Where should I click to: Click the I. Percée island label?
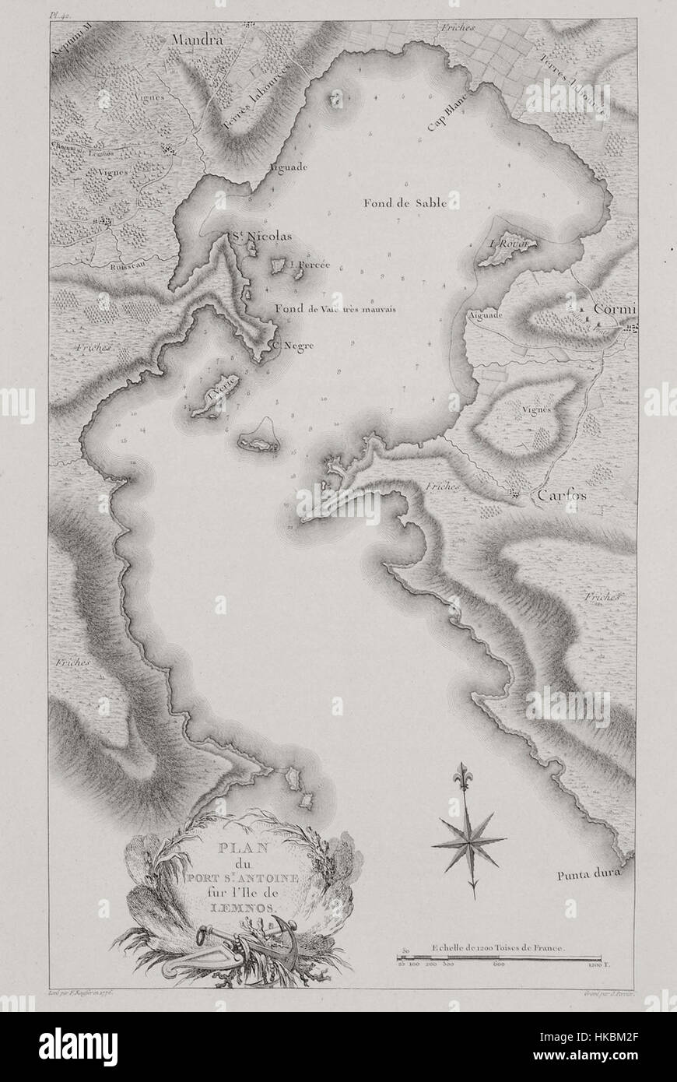309,265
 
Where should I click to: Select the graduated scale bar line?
498,959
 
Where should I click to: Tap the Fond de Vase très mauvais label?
335,309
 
